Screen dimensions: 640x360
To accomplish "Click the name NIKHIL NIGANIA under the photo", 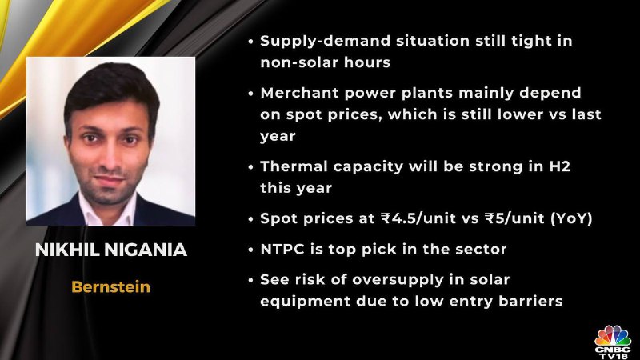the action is (111, 250).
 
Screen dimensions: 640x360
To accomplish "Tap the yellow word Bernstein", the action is (111, 287).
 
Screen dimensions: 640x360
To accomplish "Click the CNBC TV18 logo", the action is (613, 342).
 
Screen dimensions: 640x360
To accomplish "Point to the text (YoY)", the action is (571, 218).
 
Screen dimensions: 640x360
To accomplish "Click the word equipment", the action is (306, 302).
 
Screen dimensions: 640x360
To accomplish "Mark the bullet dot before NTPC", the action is (250, 250).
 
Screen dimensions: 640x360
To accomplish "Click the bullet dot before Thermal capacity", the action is (250, 167).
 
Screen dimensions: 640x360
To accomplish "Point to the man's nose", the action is (109, 157).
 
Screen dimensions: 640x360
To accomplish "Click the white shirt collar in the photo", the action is (107, 210).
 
